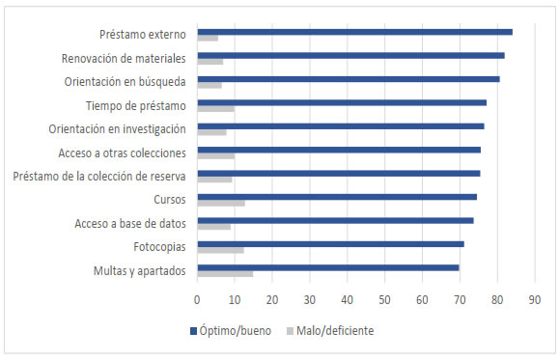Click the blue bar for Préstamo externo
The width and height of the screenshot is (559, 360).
click(354, 32)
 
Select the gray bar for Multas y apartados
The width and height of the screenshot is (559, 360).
click(225, 273)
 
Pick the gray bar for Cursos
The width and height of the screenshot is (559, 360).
click(220, 203)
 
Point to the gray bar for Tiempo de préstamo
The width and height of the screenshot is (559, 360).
click(215, 109)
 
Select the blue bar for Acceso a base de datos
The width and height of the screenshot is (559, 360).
click(335, 220)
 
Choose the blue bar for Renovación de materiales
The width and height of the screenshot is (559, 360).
click(350, 55)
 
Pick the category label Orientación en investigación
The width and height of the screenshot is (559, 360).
click(118, 127)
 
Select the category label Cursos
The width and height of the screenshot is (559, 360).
click(170, 200)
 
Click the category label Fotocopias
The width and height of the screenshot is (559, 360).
click(157, 247)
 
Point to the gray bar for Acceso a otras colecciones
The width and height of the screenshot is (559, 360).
click(215, 155)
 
